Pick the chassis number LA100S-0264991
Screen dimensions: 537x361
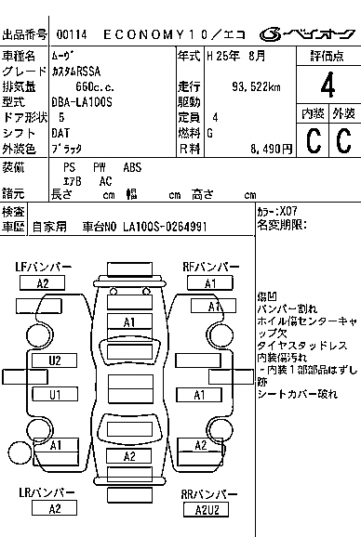(165, 226)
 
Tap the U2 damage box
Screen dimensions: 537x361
(55, 360)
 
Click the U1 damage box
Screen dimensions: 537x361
(55, 394)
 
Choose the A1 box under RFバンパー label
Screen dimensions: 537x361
(210, 283)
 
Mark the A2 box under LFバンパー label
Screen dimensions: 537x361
(43, 283)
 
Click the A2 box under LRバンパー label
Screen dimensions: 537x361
(55, 507)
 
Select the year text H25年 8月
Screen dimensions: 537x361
(240, 56)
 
